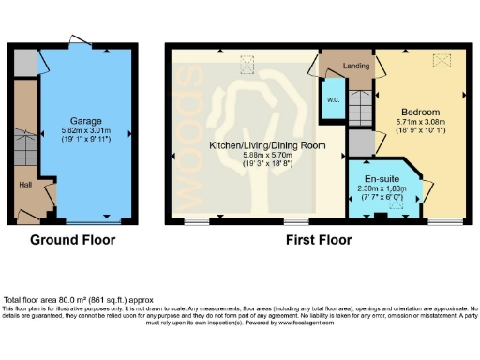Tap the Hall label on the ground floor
click(x=27, y=185)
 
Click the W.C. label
click(x=333, y=100)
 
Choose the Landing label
click(x=355, y=66)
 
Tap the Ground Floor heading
click(x=72, y=240)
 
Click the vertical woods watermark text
click(x=191, y=136)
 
